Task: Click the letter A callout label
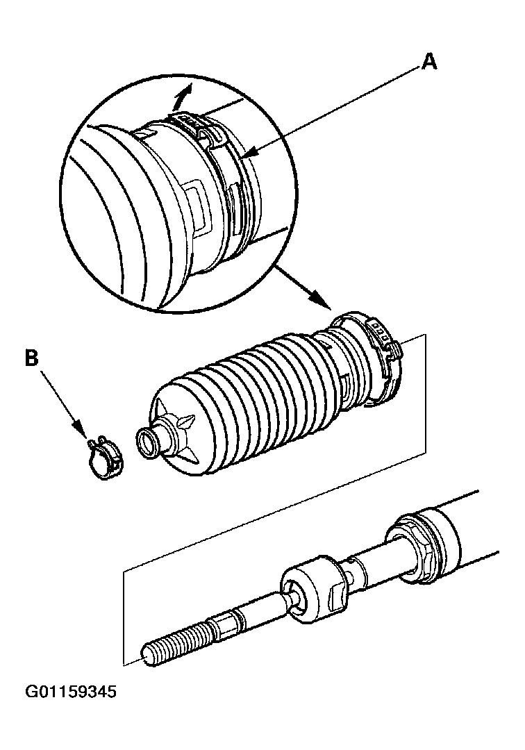(430, 62)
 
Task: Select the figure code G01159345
(72, 692)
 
